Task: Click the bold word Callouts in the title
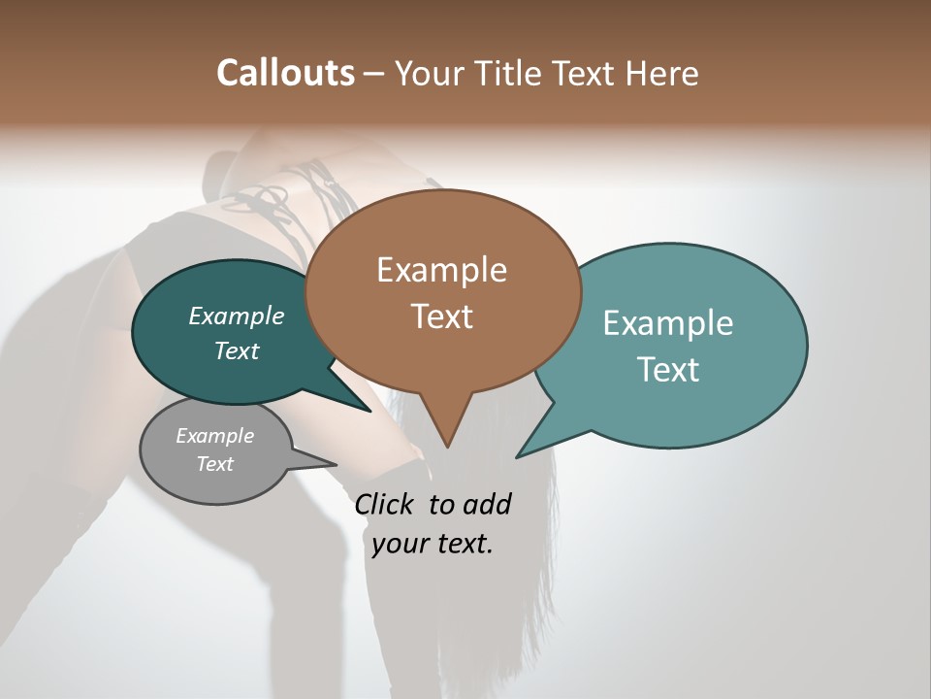285,73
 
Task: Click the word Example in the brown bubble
441,270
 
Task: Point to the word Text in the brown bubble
441,316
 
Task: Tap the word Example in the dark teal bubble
236,316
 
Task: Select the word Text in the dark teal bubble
236,350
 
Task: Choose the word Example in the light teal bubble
668,323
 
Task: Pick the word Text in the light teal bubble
668,369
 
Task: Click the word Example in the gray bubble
214,436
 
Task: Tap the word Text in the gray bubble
214,464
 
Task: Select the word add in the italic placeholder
487,504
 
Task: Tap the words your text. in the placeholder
433,544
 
